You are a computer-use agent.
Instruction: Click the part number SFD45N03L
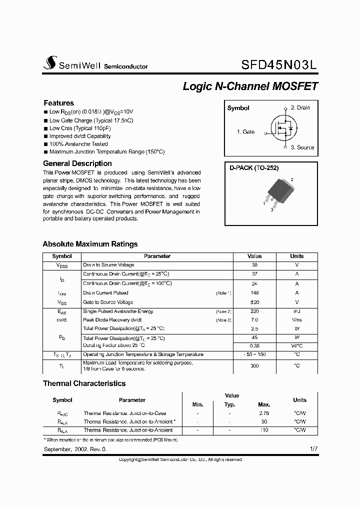point(279,64)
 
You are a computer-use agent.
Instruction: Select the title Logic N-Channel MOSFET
point(250,86)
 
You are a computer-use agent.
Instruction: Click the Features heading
point(58,103)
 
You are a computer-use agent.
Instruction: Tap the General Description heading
point(77,163)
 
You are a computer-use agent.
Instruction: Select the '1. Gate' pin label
point(245,132)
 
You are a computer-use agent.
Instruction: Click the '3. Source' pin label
point(302,147)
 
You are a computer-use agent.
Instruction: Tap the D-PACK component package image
point(277,191)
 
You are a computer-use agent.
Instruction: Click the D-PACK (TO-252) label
point(254,168)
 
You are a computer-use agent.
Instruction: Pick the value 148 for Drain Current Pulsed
point(254,293)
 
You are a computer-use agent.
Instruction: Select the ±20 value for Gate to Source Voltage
point(254,302)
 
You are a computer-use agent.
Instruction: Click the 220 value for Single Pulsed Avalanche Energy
point(254,311)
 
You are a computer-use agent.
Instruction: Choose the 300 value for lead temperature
point(254,365)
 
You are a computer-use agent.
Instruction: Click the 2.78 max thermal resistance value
point(264,413)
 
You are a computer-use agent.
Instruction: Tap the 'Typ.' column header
point(229,404)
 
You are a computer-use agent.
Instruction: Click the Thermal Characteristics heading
point(84,383)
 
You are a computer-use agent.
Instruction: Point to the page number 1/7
point(313,449)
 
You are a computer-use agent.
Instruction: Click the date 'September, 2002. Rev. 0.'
point(75,449)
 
